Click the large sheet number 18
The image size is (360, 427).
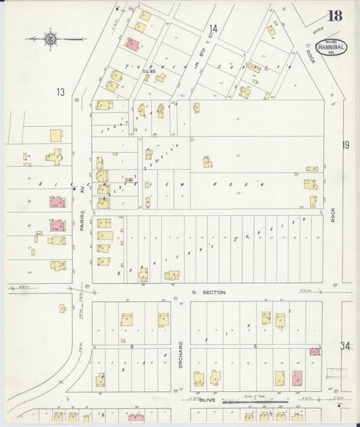coord(334,16)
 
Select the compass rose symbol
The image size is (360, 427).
coord(51,38)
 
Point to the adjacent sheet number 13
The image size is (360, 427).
coord(61,92)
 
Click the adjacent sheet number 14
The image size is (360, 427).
coord(213,28)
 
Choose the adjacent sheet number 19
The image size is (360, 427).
coord(346,145)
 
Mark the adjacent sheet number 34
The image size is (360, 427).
coord(346,346)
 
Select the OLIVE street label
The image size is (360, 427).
coord(207,400)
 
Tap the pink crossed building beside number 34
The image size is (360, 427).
coord(314,352)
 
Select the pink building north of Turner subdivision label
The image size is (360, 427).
coord(132,45)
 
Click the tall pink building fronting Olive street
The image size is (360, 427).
coord(297,378)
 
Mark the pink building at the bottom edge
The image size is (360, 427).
coord(136,418)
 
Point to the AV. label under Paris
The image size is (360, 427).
coord(80,192)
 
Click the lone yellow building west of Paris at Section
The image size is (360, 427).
coord(62,308)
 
